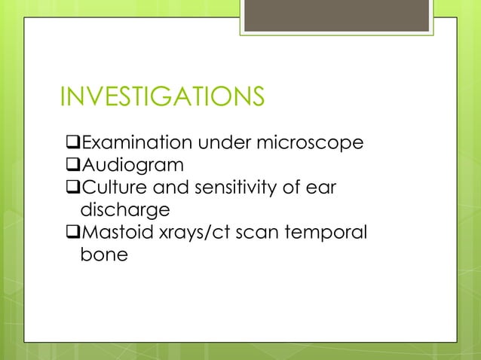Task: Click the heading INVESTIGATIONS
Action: point(161,98)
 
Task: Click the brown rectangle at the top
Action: point(338,15)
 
